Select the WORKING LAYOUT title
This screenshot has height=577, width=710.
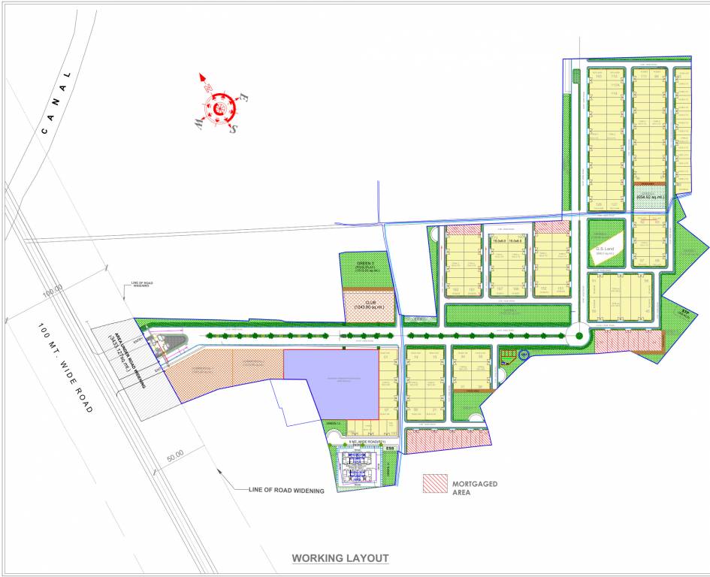(340, 558)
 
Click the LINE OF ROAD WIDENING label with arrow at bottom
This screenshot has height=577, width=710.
(286, 491)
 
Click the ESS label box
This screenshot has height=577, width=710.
(389, 449)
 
